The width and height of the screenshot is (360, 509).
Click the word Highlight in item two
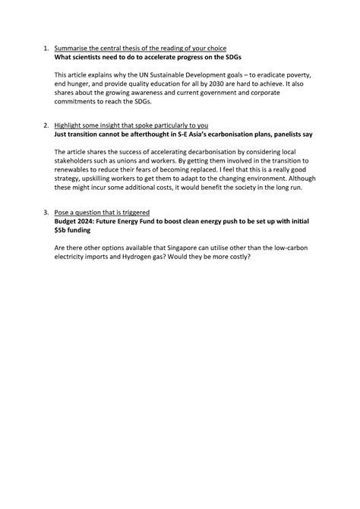coord(70,124)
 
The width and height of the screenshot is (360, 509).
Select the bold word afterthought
coord(151,133)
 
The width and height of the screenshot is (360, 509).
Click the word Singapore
coord(178,245)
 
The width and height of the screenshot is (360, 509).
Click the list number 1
coord(46,48)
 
